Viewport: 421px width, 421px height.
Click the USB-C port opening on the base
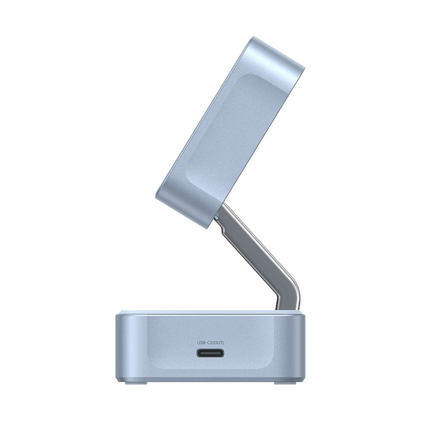[x=210, y=353]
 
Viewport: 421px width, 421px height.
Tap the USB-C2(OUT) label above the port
[x=210, y=343]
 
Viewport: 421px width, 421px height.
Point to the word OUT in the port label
[x=218, y=343]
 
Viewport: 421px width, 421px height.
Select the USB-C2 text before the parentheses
[x=205, y=343]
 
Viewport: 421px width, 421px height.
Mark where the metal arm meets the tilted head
[x=221, y=210]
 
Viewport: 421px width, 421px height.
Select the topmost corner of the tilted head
[x=246, y=37]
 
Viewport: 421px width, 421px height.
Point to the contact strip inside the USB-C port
[x=210, y=353]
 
